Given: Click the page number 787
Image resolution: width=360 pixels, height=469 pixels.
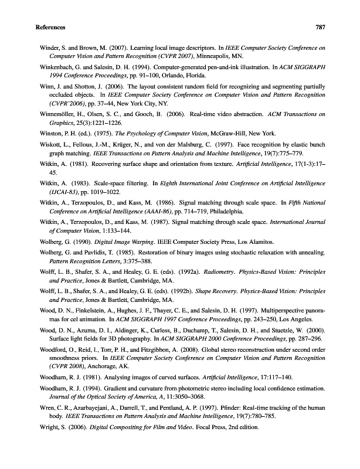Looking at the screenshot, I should (320, 28).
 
